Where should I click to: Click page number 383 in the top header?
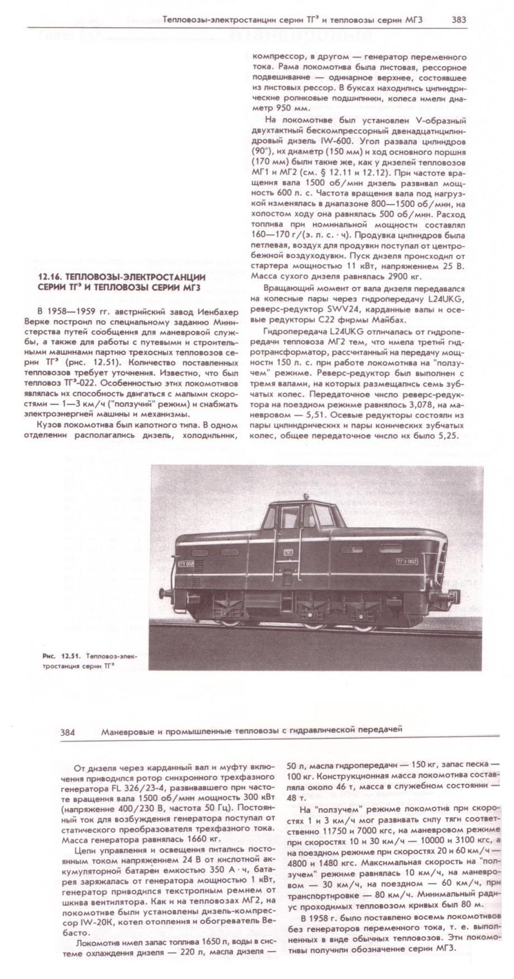(x=459, y=20)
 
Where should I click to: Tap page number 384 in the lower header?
(x=68, y=731)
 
